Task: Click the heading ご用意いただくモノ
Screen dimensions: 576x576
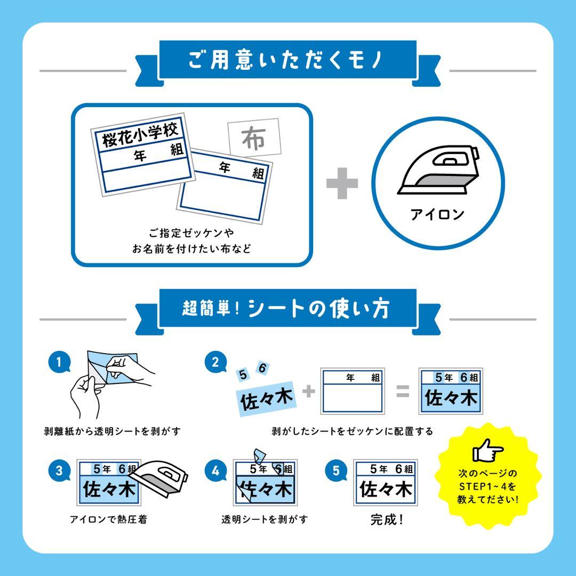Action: pyautogui.click(x=285, y=60)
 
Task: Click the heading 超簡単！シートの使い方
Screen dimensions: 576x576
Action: pyautogui.click(x=285, y=309)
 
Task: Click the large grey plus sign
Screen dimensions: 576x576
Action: pyautogui.click(x=342, y=183)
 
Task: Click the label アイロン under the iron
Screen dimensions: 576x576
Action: pyautogui.click(x=437, y=214)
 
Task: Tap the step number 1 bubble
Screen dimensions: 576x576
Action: pyautogui.click(x=59, y=362)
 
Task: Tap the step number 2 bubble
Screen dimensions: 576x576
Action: pyautogui.click(x=215, y=362)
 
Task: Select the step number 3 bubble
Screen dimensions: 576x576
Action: pyautogui.click(x=59, y=470)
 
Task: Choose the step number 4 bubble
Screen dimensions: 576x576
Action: pyautogui.click(x=215, y=470)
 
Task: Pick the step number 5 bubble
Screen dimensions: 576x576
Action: pyautogui.click(x=336, y=470)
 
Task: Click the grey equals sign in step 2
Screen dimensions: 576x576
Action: pyautogui.click(x=403, y=391)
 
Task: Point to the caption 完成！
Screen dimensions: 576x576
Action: pyautogui.click(x=387, y=519)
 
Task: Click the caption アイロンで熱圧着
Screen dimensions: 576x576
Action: pyautogui.click(x=108, y=519)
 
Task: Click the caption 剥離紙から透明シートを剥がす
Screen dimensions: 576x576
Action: pyautogui.click(x=113, y=431)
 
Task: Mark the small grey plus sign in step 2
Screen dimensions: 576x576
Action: pyautogui.click(x=309, y=391)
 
